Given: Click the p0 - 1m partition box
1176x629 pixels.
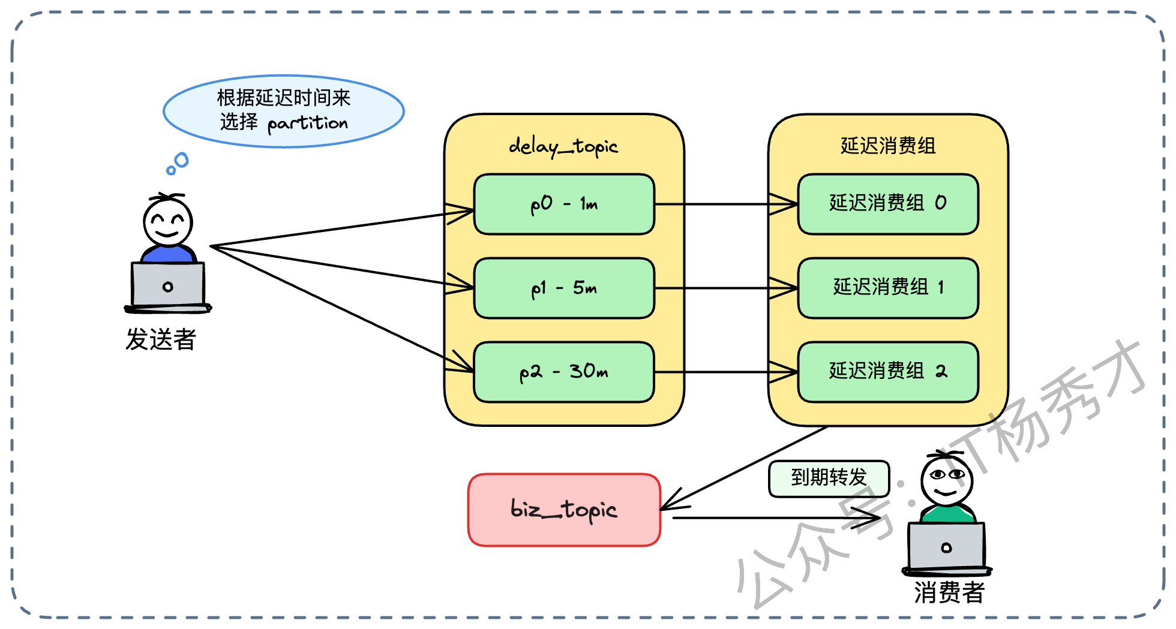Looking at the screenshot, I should (564, 204).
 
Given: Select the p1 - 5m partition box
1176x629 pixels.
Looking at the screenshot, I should (564, 288).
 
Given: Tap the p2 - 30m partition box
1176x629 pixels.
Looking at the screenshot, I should (564, 372).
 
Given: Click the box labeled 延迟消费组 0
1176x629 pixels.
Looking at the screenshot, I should (888, 204).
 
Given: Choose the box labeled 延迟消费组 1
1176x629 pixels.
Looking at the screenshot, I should (888, 288).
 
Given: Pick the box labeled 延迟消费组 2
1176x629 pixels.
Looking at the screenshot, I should (888, 372).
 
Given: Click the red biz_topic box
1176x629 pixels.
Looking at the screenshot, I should (564, 510).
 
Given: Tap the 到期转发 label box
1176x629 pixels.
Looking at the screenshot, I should (829, 478).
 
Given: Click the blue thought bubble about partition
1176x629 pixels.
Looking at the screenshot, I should (284, 111).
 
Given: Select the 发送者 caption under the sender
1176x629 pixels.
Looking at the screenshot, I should (161, 339).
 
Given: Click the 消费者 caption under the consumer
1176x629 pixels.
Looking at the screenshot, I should (949, 592).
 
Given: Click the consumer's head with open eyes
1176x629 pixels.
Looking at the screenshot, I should (946, 480).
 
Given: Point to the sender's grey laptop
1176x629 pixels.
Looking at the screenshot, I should (168, 285).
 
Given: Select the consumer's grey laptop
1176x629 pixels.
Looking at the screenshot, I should (946, 546).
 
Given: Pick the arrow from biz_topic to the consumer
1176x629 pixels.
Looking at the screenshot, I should (780, 517).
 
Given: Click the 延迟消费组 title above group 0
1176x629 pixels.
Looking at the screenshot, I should (888, 146).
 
